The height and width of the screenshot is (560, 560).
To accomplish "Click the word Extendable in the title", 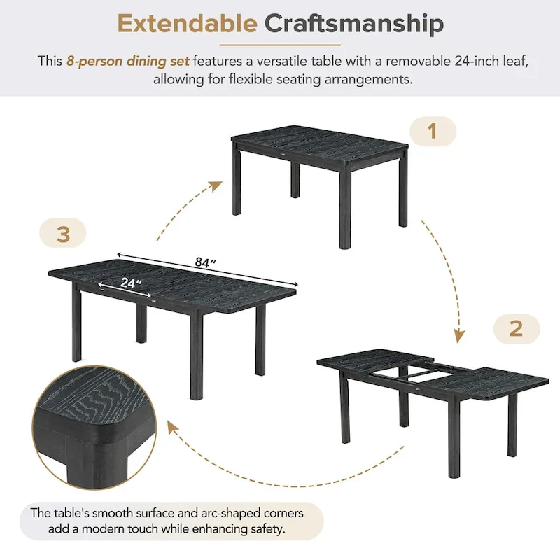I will tap(187, 24).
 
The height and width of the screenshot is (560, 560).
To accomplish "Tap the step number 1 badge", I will tap(432, 131).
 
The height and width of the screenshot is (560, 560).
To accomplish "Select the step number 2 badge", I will tap(516, 328).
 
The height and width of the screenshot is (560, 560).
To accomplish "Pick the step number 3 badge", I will tap(63, 234).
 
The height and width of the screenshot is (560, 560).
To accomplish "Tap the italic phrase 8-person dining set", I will tap(128, 61).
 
